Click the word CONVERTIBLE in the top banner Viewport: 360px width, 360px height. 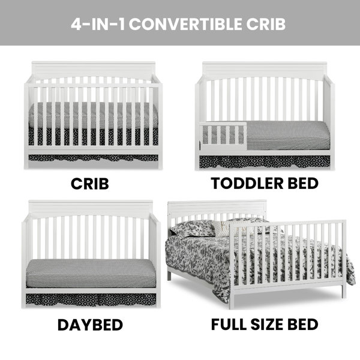(185, 24)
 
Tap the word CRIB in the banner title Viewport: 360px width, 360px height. (266, 24)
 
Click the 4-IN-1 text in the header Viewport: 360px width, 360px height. (98, 24)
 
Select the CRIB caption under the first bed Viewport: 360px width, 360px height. (90, 184)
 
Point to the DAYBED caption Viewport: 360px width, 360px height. (90, 325)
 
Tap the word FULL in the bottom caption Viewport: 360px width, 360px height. (229, 325)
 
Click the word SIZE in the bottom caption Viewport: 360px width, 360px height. (267, 325)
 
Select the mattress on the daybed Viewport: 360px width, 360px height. (91, 273)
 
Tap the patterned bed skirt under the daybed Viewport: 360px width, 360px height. (91, 299)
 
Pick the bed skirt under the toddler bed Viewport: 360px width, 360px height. (265, 161)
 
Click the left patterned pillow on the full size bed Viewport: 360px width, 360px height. (193, 229)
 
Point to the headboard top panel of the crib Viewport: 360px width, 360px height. (94, 70)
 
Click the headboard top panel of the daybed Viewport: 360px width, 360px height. (91, 209)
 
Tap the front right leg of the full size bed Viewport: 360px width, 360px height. (343, 291)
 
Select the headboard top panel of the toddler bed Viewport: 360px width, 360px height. (265, 71)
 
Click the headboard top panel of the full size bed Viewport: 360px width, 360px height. (217, 208)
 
